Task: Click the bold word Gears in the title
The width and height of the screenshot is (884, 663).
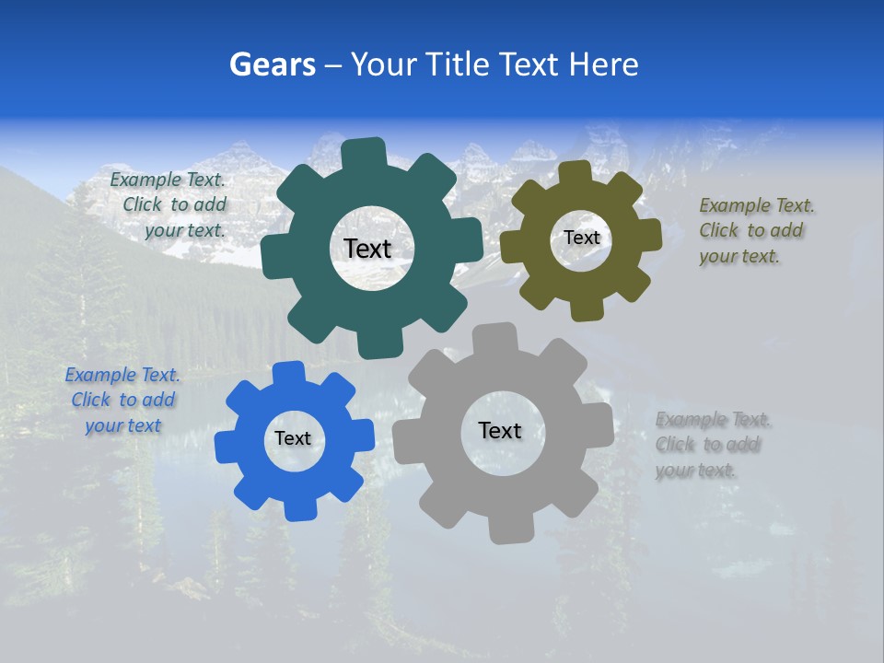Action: point(272,64)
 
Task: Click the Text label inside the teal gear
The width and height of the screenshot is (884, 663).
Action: point(367,249)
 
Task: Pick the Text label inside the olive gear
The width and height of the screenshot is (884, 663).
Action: point(581,238)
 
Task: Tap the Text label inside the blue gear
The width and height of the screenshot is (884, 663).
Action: point(293,438)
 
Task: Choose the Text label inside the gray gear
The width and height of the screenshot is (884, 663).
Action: point(500,430)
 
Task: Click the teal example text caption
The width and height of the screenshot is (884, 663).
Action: point(170,205)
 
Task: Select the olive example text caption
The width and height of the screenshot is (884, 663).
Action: point(755,230)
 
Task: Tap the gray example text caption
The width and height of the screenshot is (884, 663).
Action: point(712,445)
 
